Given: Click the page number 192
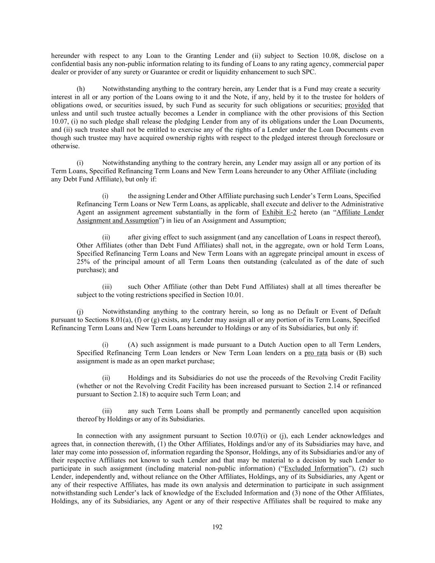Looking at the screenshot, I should (217, 527).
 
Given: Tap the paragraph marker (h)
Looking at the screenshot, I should (81, 89).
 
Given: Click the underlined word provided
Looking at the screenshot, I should (357, 105).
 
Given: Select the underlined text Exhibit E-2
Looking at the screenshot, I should (279, 212).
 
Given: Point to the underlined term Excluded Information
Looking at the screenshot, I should (316, 469).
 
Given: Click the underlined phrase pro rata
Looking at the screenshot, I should (316, 353).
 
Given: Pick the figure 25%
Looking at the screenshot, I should (83, 262).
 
